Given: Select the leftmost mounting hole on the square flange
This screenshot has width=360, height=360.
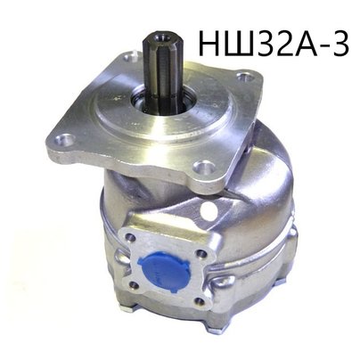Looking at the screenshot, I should pyautogui.click(x=62, y=140).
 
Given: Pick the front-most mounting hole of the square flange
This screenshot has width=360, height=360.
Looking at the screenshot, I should pyautogui.click(x=203, y=168).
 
